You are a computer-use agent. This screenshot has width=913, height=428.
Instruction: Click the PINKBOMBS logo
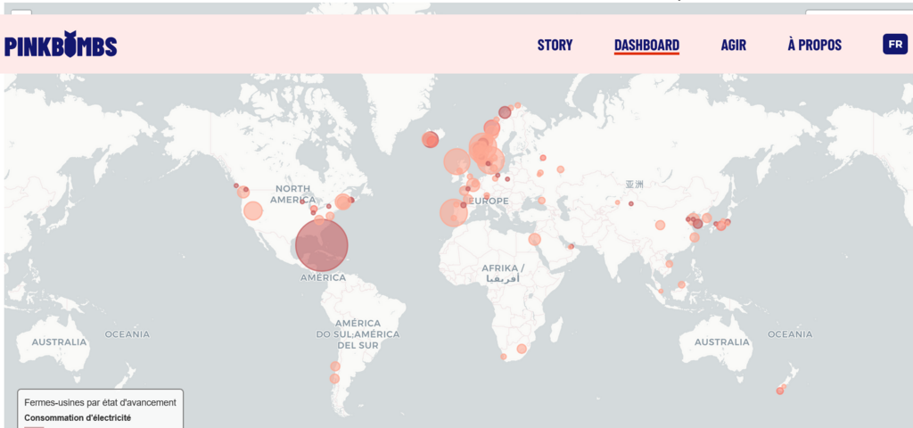[x=61, y=45]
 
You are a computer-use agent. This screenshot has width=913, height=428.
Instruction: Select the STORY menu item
[x=555, y=45]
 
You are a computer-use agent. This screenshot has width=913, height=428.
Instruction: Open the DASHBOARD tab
[x=646, y=45]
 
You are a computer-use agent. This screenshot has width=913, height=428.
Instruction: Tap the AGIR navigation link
[x=733, y=45]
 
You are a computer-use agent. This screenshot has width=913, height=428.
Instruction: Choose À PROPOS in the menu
[x=814, y=45]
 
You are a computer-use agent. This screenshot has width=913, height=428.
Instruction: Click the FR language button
[x=893, y=45]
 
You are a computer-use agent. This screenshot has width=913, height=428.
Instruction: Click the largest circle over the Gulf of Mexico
[x=321, y=245]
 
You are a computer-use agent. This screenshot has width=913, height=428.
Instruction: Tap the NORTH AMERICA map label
[x=292, y=194]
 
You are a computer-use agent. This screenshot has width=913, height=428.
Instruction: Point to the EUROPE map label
[x=489, y=202]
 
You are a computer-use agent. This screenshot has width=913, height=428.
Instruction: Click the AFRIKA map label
[x=504, y=268]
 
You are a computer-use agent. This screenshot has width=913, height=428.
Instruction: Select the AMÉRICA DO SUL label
[x=358, y=333]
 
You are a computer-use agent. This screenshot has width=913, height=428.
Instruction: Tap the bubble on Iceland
[x=431, y=139]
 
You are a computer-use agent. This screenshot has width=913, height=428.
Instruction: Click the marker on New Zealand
[x=779, y=391]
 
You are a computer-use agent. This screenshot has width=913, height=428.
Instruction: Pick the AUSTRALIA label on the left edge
[x=59, y=342]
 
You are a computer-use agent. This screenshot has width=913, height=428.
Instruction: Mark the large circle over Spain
[x=453, y=213]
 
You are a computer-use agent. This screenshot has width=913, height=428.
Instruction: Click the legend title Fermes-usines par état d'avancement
[x=100, y=403]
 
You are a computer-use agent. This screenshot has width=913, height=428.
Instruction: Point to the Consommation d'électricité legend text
[x=78, y=417]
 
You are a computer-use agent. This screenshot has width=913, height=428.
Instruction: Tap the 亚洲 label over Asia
[x=633, y=185]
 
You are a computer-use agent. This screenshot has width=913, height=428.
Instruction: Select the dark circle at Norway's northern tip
[x=505, y=112]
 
